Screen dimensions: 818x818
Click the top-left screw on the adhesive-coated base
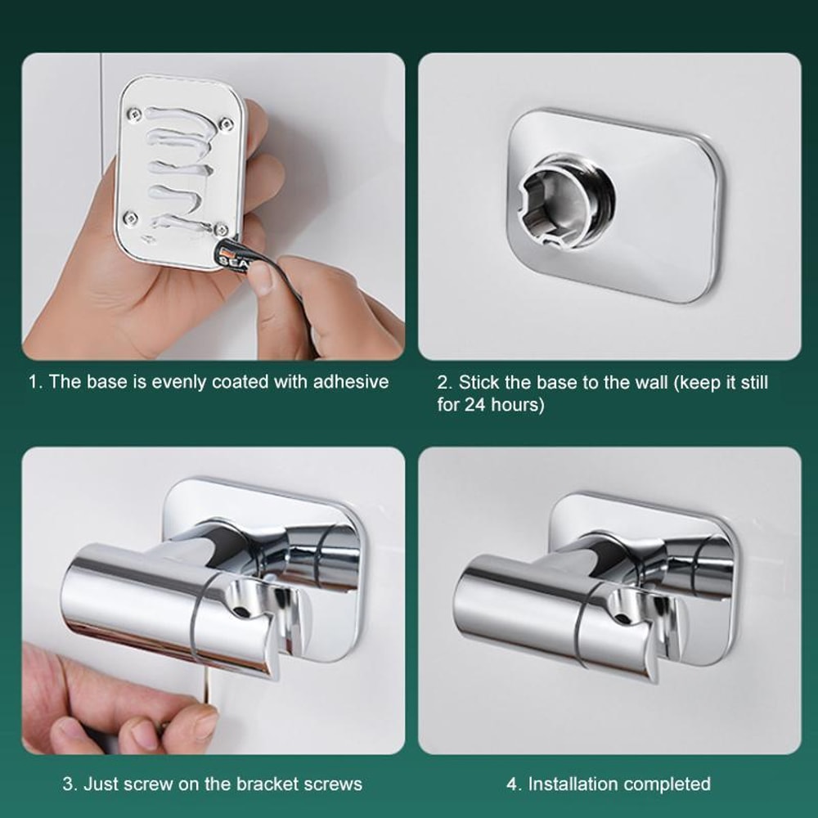pyautogui.click(x=137, y=112)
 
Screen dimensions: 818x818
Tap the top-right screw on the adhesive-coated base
pyautogui.click(x=227, y=124)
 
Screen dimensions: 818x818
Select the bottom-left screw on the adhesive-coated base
pyautogui.click(x=129, y=217)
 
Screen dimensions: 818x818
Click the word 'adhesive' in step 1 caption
pyautogui.click(x=350, y=382)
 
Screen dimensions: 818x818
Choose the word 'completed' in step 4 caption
pyautogui.click(x=663, y=784)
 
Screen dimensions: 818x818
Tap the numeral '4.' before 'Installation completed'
pyautogui.click(x=513, y=784)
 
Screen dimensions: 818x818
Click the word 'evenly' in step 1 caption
pyautogui.click(x=178, y=382)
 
